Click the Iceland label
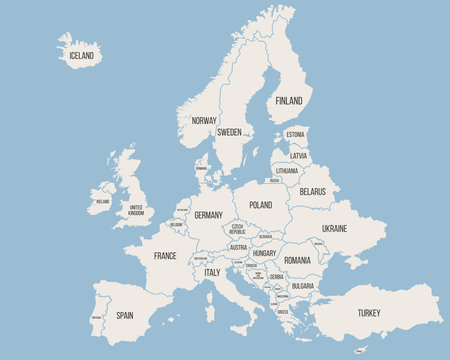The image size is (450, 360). point(81,56)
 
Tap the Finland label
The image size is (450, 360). point(289,101)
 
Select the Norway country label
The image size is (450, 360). point(204,120)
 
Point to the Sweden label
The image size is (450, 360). point(229,132)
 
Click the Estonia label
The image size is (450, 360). point(295,134)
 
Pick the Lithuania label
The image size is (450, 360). point(287,171)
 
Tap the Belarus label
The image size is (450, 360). point(312,191)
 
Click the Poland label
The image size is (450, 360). point(260,204)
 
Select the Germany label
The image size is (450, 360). point(208,215)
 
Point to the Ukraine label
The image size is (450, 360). point(334,228)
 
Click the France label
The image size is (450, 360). point(165,256)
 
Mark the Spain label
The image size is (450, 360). point(124,314)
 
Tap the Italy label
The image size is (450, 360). point(212,272)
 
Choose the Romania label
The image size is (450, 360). point(297,260)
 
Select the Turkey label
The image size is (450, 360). point(369,312)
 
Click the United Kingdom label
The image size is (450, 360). point(135,210)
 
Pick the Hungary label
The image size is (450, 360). point(264,254)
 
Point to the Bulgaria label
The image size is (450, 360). point(302,286)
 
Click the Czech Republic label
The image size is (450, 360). point(237,230)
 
